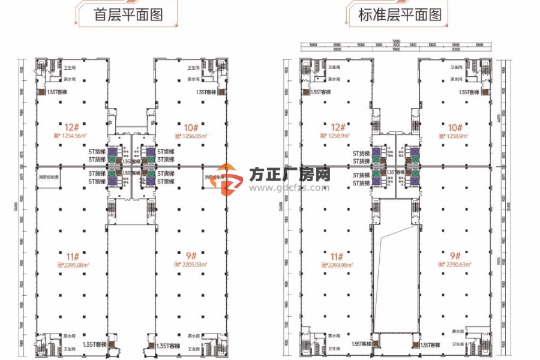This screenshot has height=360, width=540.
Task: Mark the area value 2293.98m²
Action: pyautogui.click(x=338, y=265)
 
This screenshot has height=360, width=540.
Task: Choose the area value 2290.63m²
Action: pyautogui.click(x=457, y=265)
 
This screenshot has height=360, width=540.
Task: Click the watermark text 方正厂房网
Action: pyautogui.click(x=290, y=175)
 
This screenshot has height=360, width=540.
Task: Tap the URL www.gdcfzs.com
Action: pyautogui.click(x=290, y=187)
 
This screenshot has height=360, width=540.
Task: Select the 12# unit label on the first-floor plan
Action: pyautogui.click(x=73, y=127)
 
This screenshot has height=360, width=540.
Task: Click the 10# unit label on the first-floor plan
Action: pyautogui.click(x=191, y=127)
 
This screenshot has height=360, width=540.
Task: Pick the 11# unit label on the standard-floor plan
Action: pyautogui.click(x=336, y=254)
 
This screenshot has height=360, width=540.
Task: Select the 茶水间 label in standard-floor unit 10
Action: pyautogui.click(x=457, y=79)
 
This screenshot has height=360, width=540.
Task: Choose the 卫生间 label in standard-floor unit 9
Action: pyautogui.click(x=458, y=345)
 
